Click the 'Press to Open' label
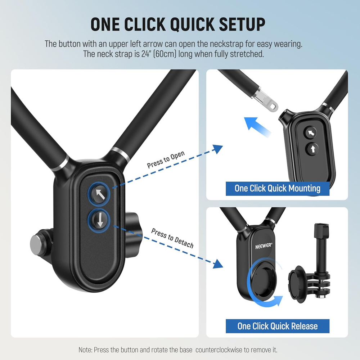166,160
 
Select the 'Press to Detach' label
172,238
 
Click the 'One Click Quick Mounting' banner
277,188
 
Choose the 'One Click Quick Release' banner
277,326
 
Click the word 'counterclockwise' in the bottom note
216,350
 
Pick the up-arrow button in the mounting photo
311,148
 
